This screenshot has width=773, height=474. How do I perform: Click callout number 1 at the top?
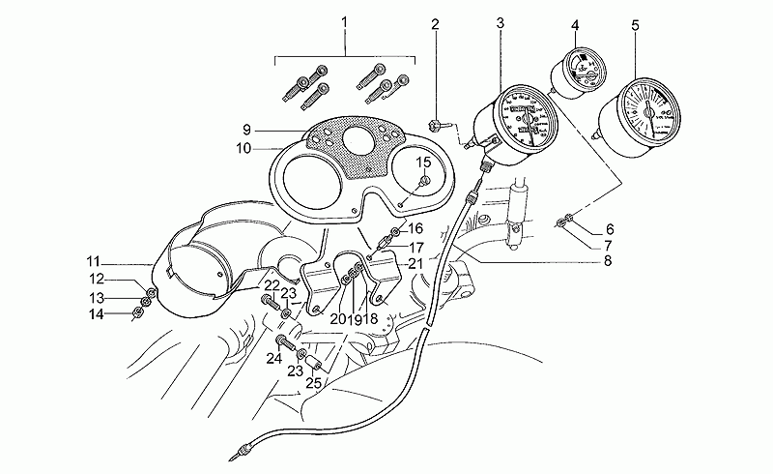click(346, 21)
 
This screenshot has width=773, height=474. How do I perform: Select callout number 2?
click(435, 22)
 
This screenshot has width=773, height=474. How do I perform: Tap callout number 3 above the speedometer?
click(500, 22)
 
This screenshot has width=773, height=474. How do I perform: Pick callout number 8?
click(607, 259)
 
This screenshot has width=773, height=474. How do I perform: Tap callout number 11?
click(93, 262)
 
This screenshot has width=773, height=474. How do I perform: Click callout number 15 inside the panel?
click(423, 163)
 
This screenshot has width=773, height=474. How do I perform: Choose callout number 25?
click(313, 383)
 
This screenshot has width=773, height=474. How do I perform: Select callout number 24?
click(274, 358)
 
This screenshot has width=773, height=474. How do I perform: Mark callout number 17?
click(389, 248)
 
